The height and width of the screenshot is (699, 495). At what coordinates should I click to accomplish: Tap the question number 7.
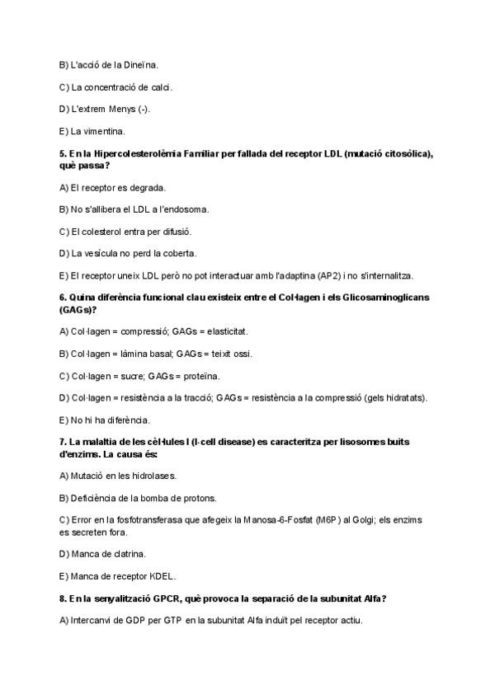coord(63,442)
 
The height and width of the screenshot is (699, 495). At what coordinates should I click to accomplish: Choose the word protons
coord(175,498)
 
